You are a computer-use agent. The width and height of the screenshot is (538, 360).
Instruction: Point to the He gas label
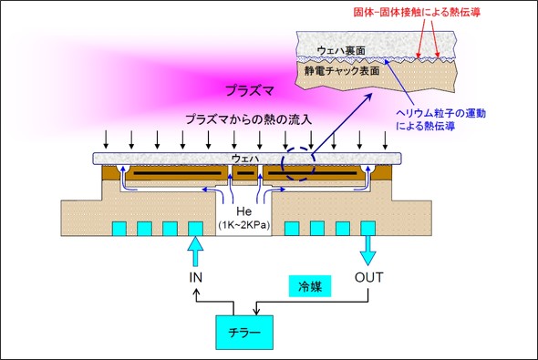[x=243, y=211]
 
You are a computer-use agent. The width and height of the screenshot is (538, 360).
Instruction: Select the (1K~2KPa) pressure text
[x=243, y=224]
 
